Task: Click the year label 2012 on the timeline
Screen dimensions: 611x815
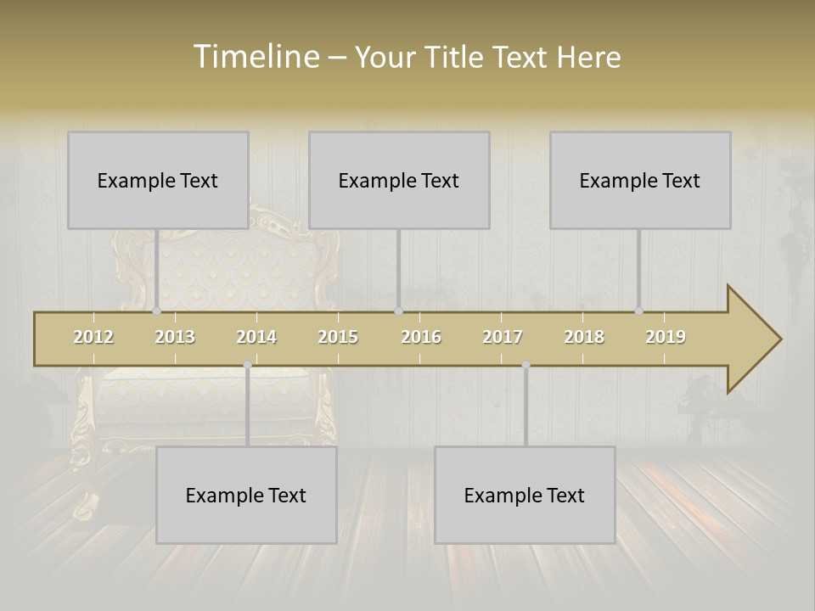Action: (93, 337)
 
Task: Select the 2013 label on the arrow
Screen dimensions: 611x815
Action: (175, 337)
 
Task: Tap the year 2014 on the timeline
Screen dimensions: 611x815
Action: (256, 337)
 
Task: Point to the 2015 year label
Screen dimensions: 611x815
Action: (338, 337)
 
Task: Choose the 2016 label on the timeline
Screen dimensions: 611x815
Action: (421, 337)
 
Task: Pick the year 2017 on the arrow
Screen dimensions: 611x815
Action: (503, 337)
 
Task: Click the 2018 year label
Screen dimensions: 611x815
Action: (584, 337)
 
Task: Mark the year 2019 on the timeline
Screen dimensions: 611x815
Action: (666, 337)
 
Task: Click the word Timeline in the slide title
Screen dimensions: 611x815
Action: (255, 57)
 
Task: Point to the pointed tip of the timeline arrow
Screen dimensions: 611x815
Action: (779, 339)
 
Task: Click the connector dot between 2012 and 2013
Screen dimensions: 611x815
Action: (156, 311)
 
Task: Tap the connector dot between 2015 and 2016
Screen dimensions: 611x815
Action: (398, 311)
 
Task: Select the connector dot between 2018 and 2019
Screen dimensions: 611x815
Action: (638, 311)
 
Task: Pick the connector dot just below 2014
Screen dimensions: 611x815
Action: (247, 365)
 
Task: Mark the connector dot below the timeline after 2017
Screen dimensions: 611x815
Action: (526, 365)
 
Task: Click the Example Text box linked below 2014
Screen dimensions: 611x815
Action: (246, 495)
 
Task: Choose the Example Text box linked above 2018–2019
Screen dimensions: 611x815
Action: (640, 180)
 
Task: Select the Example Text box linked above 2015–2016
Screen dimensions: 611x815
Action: (399, 180)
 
